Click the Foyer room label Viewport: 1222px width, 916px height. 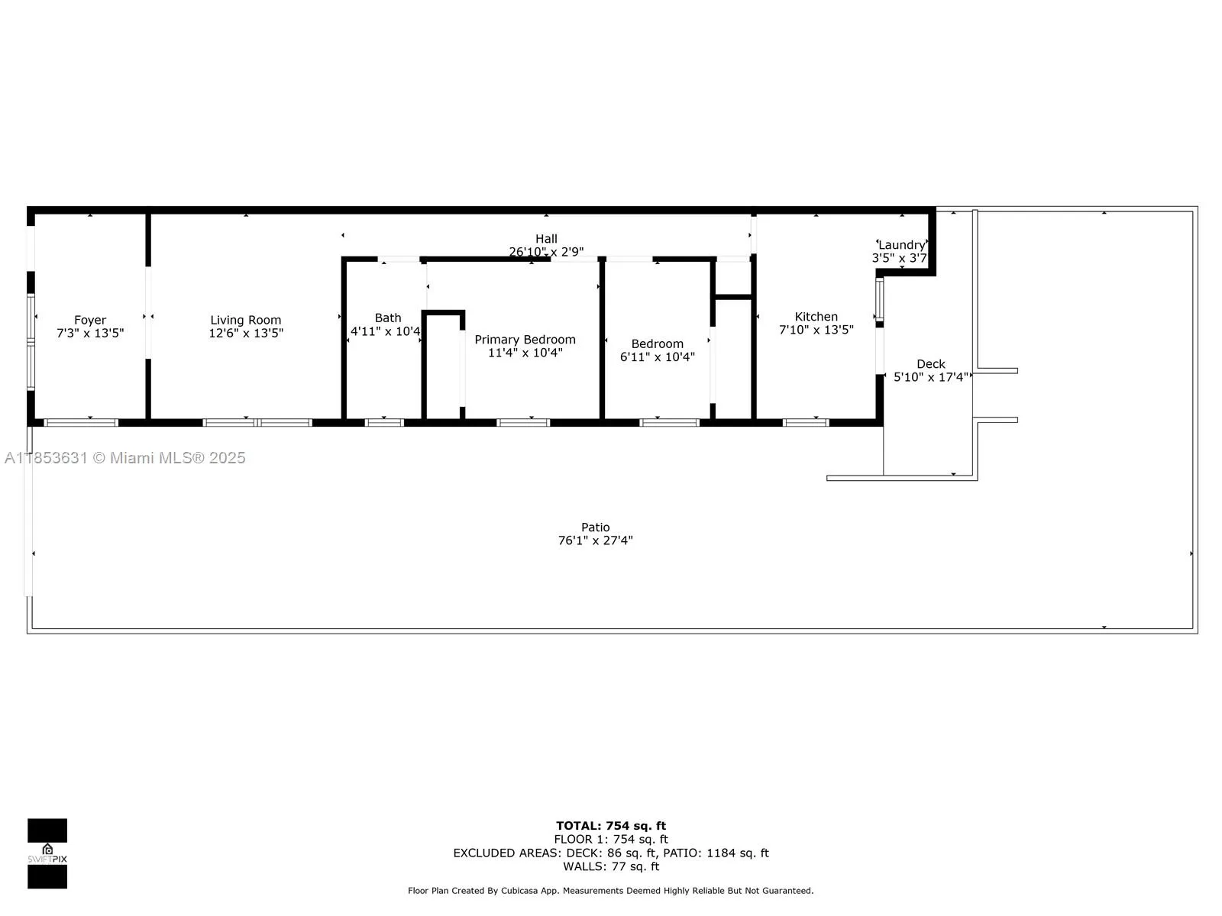pyautogui.click(x=90, y=320)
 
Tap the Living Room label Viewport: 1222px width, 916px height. pyautogui.click(x=246, y=320)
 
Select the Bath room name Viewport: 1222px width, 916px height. pyautogui.click(x=388, y=318)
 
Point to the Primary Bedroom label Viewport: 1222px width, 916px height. pyautogui.click(x=525, y=340)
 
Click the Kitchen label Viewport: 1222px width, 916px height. pyautogui.click(x=816, y=316)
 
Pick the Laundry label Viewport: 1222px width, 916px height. pyautogui.click(x=902, y=245)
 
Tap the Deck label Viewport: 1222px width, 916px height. pyautogui.click(x=930, y=364)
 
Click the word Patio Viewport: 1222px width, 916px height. pyautogui.click(x=595, y=527)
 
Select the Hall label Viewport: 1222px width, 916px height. pyautogui.click(x=546, y=239)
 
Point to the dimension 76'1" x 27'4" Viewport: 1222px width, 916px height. pyautogui.click(x=595, y=540)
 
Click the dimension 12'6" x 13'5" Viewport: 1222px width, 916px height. pyautogui.click(x=246, y=333)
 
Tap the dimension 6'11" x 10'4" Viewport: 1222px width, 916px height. pyautogui.click(x=657, y=356)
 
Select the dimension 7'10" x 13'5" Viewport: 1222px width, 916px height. pyautogui.click(x=816, y=330)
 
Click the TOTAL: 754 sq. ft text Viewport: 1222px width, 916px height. pyautogui.click(x=610, y=825)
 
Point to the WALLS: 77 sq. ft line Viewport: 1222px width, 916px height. pyautogui.click(x=610, y=866)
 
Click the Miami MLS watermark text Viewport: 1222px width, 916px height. pyautogui.click(x=125, y=458)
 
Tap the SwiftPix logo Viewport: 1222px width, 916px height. pyautogui.click(x=47, y=853)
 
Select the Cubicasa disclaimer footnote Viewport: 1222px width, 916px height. pyautogui.click(x=610, y=890)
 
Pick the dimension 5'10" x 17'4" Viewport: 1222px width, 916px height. pyautogui.click(x=931, y=377)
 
